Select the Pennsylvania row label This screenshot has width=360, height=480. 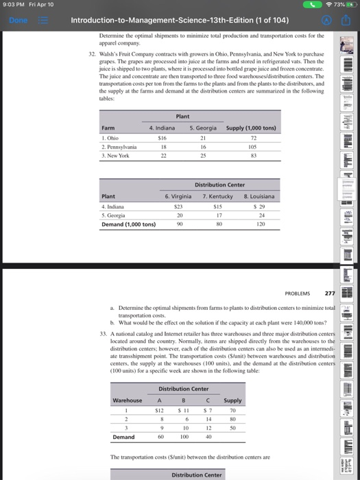click(x=119, y=147)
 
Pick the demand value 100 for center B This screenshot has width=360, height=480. click(x=184, y=435)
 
